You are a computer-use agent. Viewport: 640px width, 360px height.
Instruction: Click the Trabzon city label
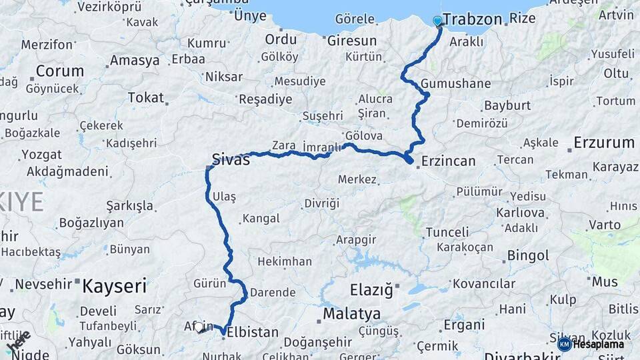click(x=472, y=19)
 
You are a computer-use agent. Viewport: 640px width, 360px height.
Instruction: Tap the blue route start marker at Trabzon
click(x=437, y=21)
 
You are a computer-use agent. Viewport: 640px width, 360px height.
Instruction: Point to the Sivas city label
click(x=231, y=159)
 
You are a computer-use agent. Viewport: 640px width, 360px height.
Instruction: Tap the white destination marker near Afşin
click(x=199, y=327)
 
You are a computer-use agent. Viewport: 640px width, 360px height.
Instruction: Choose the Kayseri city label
click(x=114, y=287)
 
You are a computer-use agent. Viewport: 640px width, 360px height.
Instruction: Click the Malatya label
click(x=351, y=313)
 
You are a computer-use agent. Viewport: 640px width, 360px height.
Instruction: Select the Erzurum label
click(x=604, y=142)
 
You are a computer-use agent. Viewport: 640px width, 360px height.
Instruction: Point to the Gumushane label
click(x=455, y=84)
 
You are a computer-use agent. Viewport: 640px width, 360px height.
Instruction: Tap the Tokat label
click(x=145, y=97)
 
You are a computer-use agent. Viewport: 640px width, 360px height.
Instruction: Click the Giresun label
click(x=351, y=41)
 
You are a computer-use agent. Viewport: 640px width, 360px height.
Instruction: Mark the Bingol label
click(x=528, y=255)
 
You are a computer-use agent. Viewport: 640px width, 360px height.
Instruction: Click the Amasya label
click(x=135, y=60)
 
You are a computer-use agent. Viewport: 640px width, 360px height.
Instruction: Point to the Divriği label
click(x=321, y=203)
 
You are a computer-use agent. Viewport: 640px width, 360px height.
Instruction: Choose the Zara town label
click(x=283, y=145)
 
